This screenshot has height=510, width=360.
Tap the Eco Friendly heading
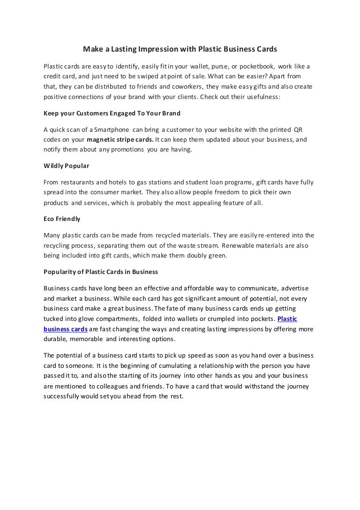62,219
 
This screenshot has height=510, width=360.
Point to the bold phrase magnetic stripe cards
120,140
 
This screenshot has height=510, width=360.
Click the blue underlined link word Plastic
287,319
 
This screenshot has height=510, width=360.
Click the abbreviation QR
298,129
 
